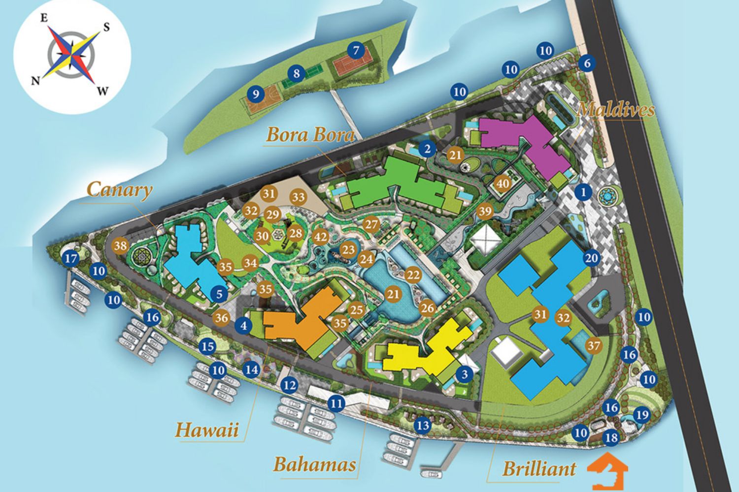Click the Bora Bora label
310,134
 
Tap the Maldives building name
615,109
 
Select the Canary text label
119,190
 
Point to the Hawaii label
207,430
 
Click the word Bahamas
314,464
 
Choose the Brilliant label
539,468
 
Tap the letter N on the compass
35,81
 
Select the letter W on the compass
102,91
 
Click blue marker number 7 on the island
356,50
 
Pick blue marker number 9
255,93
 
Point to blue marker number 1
584,192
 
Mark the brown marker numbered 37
594,346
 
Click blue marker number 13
422,425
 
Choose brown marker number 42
321,237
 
